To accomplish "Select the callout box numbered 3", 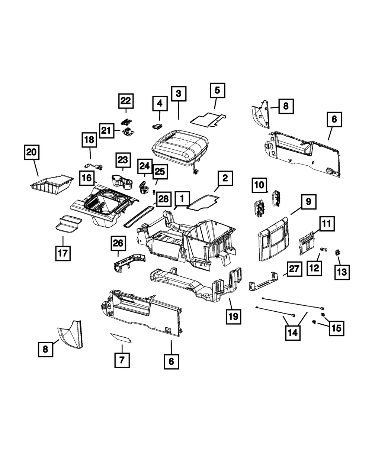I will [x=179, y=94].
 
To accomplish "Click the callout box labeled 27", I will [x=294, y=269].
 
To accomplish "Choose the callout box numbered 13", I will [x=341, y=272].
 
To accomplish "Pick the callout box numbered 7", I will [x=122, y=360].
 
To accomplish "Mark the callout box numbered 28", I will [x=163, y=199].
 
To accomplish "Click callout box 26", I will [x=118, y=243].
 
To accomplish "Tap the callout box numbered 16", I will [x=87, y=178].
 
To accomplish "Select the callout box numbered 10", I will [x=259, y=185].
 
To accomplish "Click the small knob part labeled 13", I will [x=337, y=253].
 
